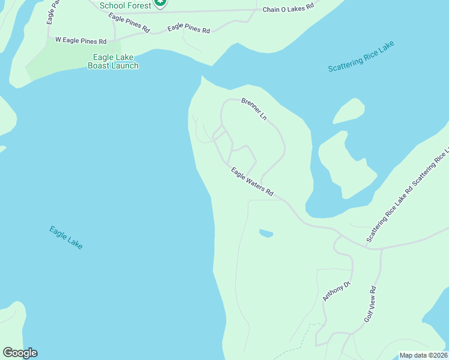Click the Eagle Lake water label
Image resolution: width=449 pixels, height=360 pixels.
click(x=66, y=238)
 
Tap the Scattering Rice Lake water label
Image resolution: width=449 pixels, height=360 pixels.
click(x=361, y=57)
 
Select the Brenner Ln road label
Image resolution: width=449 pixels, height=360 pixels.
click(x=254, y=109)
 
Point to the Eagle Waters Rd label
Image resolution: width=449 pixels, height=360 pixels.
click(x=252, y=182)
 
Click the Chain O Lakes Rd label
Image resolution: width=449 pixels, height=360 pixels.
click(x=288, y=8)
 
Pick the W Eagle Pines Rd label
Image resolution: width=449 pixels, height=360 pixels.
click(x=80, y=41)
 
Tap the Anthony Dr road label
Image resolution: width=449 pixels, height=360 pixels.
click(x=336, y=291)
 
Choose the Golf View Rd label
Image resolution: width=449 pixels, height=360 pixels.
click(x=373, y=304)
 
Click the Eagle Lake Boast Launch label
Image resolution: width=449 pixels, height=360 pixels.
click(x=113, y=62)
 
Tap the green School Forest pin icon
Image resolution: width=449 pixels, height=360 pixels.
click(x=160, y=3)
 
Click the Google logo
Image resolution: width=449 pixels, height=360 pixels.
click(x=20, y=353)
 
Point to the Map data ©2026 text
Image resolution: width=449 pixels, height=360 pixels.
click(x=423, y=355)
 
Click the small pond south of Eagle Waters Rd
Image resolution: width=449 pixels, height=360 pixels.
click(x=266, y=233)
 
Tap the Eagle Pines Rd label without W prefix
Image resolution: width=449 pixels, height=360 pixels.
click(x=189, y=29)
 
